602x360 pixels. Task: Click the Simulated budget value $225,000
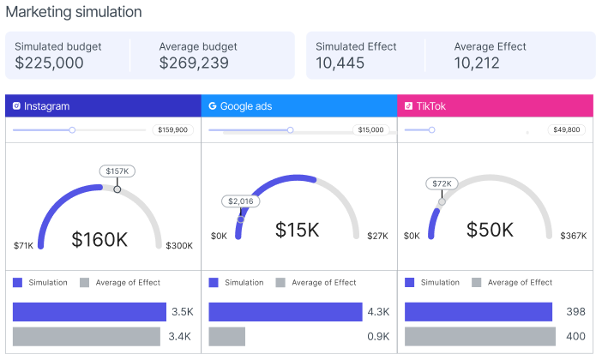coord(49,63)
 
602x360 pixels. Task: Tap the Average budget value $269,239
coord(194,63)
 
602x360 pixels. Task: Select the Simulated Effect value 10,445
coord(340,63)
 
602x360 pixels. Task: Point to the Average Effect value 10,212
coord(477,63)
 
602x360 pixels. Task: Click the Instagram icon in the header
coord(16,106)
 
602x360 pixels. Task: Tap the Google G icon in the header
coord(213,106)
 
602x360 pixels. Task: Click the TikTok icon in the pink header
coord(408,106)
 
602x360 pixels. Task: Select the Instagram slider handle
coord(72,130)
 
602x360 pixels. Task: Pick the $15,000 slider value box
coord(370,129)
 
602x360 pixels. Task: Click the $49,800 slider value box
coord(566,129)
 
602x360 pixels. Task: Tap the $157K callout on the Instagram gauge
coord(117,171)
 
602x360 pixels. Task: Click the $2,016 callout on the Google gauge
coord(241,201)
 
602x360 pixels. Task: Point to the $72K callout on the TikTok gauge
coord(442,183)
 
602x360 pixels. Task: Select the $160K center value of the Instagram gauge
coord(99,239)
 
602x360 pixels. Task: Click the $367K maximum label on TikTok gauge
coord(573,236)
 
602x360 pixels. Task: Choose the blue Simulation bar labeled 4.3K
coord(286,312)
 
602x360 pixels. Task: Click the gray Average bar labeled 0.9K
coord(227,337)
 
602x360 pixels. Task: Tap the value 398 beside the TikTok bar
coord(575,312)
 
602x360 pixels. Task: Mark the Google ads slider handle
coord(290,130)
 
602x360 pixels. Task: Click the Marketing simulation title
coord(74,12)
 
